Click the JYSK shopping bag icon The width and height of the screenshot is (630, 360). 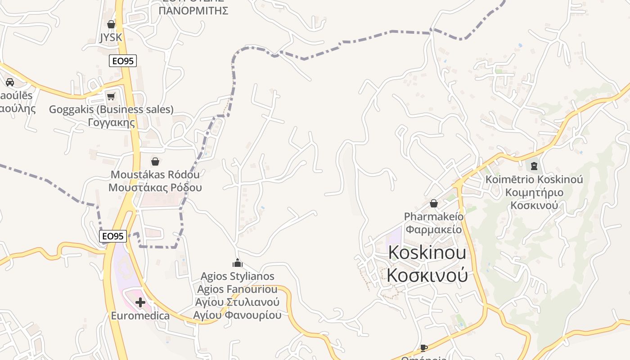pyautogui.click(x=111, y=24)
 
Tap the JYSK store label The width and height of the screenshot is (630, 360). pyautogui.click(x=111, y=37)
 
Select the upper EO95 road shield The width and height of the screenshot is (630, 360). pyautogui.click(x=122, y=61)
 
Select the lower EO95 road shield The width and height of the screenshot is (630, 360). pyautogui.click(x=113, y=236)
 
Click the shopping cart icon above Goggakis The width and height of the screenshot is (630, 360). pyautogui.click(x=111, y=96)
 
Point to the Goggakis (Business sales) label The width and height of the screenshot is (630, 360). pyautogui.click(x=111, y=109)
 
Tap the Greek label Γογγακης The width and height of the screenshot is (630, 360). pyautogui.click(x=111, y=122)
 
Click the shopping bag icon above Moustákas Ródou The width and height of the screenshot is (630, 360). pyautogui.click(x=155, y=161)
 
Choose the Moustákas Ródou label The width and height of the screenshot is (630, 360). pyautogui.click(x=155, y=174)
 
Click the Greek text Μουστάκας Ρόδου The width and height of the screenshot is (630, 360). pyautogui.click(x=155, y=187)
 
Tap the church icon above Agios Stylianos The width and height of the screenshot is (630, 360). pyautogui.click(x=237, y=263)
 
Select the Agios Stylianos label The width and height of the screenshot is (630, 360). pyautogui.click(x=237, y=276)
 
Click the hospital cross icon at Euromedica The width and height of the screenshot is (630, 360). pyautogui.click(x=140, y=302)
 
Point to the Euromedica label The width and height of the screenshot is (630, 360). pyautogui.click(x=140, y=316)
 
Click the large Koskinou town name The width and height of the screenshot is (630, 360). pyautogui.click(x=427, y=253)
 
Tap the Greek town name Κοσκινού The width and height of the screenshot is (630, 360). pyautogui.click(x=427, y=275)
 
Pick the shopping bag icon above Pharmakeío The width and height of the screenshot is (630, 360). pyautogui.click(x=434, y=203)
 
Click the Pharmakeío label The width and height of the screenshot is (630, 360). pyautogui.click(x=434, y=216)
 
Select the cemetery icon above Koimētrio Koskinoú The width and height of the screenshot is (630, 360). pyautogui.click(x=534, y=166)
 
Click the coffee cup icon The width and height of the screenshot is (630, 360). pyautogui.click(x=423, y=347)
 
